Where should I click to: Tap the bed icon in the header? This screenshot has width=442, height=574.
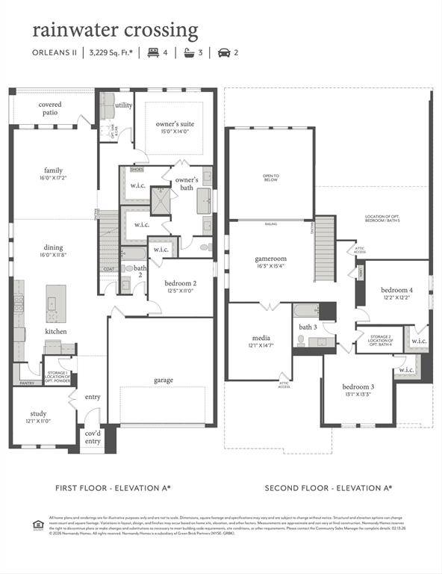point(153,52)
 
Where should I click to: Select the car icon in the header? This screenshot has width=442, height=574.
point(223,52)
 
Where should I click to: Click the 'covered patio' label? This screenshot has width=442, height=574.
point(50,108)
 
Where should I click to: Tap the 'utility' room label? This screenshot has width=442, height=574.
point(123,105)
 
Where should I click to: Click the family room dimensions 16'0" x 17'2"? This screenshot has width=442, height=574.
point(53,178)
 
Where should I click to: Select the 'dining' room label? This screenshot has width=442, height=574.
point(53,247)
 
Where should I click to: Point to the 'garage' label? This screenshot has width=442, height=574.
point(164,380)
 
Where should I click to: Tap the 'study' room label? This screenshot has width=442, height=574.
point(40,413)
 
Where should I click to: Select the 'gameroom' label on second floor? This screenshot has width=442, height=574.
point(270,259)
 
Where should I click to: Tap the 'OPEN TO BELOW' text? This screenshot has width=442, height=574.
point(270,178)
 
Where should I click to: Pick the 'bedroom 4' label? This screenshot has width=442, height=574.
point(396,290)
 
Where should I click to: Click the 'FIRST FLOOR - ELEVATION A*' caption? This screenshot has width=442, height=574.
point(113,487)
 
